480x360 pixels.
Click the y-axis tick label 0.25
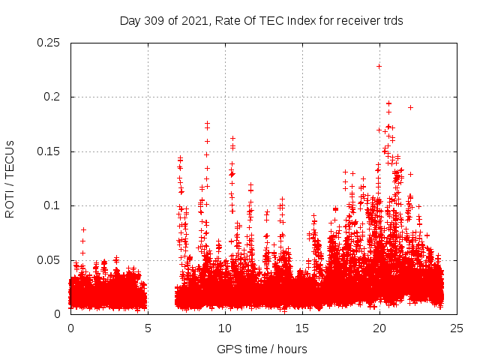(x=49, y=43)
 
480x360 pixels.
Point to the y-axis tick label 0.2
(x=52, y=97)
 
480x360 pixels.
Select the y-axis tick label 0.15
(x=49, y=151)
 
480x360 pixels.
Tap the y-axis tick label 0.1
(x=52, y=205)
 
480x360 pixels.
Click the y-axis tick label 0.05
(x=49, y=259)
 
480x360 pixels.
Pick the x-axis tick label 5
(x=148, y=328)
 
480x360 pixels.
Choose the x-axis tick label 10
(x=225, y=328)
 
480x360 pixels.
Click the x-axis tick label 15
(x=302, y=328)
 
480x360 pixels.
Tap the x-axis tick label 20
(x=379, y=328)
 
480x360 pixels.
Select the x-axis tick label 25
(x=457, y=328)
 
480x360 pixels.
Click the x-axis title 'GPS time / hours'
(x=262, y=349)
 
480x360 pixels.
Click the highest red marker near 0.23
(x=379, y=66)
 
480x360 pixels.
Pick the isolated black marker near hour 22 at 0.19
(x=410, y=107)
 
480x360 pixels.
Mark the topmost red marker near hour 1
(x=83, y=229)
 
